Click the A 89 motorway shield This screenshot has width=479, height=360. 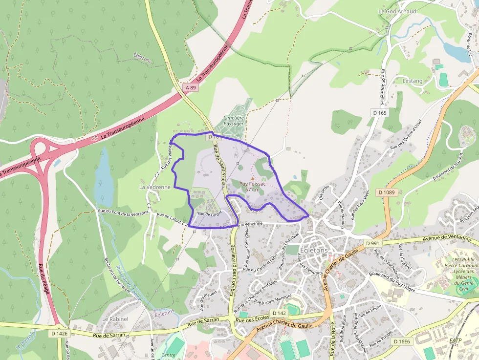point(192,87)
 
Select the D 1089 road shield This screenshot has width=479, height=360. point(386,192)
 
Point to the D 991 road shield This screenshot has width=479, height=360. point(372,243)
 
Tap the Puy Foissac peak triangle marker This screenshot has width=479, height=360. point(252,178)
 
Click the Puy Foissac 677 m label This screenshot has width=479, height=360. point(252,187)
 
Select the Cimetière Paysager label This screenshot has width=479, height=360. point(234,121)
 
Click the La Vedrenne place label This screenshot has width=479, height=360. point(155,187)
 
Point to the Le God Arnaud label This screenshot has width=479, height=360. point(397,11)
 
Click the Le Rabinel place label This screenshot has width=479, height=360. point(115,319)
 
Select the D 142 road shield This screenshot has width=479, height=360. point(280,313)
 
